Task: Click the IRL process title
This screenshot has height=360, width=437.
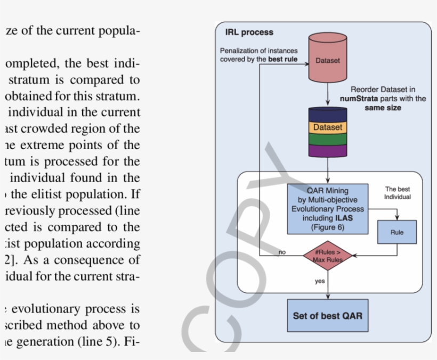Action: (249, 32)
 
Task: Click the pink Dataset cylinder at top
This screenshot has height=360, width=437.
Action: (327, 60)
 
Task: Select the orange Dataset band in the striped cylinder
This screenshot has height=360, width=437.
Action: (327, 128)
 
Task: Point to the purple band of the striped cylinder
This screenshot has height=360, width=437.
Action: (327, 150)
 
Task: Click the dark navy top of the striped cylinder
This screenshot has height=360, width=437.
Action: (327, 114)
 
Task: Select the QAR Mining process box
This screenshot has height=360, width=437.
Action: (327, 209)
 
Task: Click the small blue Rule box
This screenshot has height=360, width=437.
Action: (397, 232)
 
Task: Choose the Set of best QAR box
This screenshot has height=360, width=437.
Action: (327, 316)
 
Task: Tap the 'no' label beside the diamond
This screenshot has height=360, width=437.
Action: (282, 252)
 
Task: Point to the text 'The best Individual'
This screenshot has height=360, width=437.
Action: (397, 193)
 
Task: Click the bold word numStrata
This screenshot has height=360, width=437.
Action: (358, 99)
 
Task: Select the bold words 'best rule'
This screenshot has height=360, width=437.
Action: (282, 60)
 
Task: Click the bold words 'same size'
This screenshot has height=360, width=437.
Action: (383, 108)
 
